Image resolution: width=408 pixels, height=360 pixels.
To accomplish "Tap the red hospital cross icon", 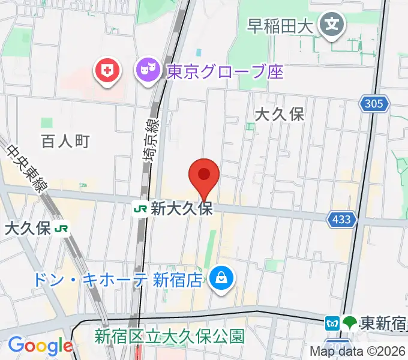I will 108,72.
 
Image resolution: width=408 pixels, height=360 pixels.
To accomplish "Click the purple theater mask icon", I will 146,72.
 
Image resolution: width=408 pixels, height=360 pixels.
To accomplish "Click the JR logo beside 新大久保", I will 140,209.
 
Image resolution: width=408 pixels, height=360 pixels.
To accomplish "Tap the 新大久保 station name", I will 182,209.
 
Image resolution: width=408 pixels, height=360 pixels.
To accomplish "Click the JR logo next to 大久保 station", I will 61,228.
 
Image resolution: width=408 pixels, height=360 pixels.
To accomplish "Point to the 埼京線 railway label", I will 152,140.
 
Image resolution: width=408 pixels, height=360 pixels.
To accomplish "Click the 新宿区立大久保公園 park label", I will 170,336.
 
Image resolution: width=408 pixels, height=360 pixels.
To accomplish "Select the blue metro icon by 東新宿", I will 332,323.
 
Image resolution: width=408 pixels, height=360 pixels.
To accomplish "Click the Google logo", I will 40,346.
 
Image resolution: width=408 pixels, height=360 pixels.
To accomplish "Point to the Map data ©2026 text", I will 358,351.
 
